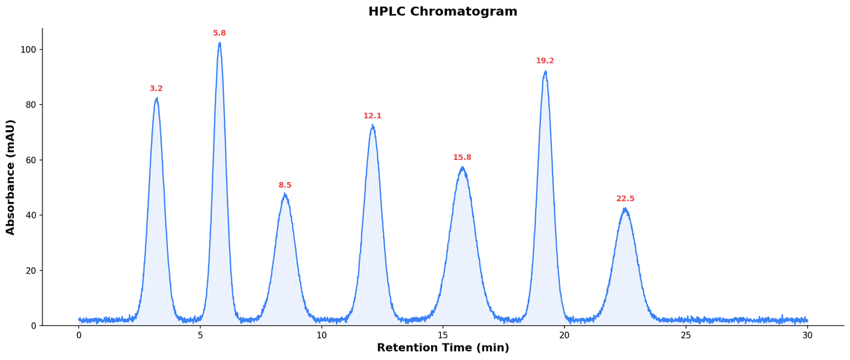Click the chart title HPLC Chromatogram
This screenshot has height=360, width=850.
pos(443,12)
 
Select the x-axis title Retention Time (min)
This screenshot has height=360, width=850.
pos(443,348)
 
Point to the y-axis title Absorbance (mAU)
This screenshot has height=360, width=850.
pos(11,177)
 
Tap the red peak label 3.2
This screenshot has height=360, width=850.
pos(156,89)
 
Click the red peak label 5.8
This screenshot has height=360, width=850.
pos(219,33)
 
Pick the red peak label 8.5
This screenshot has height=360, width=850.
pos(285,185)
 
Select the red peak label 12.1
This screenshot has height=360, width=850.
pos(373,116)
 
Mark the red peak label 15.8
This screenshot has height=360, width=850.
pos(462,158)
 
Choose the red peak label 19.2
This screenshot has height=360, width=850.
pos(545,61)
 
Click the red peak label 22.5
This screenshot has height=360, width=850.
pos(626,199)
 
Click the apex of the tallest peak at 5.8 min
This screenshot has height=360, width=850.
pos(220,44)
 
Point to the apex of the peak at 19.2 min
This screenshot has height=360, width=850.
pos(545,72)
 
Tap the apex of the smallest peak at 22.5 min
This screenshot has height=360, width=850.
pos(625,209)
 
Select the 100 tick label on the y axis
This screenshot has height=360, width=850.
pos(28,50)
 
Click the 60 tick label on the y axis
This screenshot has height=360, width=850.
pos(30,160)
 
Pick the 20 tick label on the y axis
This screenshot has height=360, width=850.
pos(30,270)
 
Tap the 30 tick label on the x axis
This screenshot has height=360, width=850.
pos(807,336)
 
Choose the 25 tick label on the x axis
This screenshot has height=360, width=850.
pos(686,336)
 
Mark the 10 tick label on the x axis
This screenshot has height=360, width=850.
pos(321,336)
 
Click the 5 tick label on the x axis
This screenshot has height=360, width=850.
pos(201,336)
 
